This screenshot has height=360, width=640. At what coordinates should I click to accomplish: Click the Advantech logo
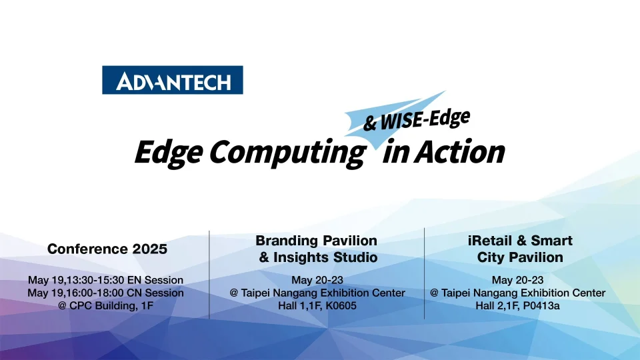point(172,80)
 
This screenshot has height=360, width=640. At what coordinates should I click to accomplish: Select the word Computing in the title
point(287,153)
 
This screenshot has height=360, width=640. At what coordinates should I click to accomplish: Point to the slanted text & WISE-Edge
point(417,119)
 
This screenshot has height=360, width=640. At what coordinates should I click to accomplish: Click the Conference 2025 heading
point(107,249)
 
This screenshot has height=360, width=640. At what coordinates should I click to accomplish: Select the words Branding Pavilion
point(317,240)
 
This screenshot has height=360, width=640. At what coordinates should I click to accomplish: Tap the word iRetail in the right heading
point(492,240)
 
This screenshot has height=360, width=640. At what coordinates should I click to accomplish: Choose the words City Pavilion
point(520,257)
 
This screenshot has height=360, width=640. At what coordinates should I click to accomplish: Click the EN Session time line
point(105,280)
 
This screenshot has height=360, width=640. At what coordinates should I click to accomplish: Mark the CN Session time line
point(105,293)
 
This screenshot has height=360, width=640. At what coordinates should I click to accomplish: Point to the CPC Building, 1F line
point(105,305)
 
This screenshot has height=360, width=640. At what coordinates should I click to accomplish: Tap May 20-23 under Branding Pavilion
point(317,280)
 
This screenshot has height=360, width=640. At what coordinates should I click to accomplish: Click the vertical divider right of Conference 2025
point(209,273)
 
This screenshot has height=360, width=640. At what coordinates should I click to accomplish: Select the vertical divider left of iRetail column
point(425,273)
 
